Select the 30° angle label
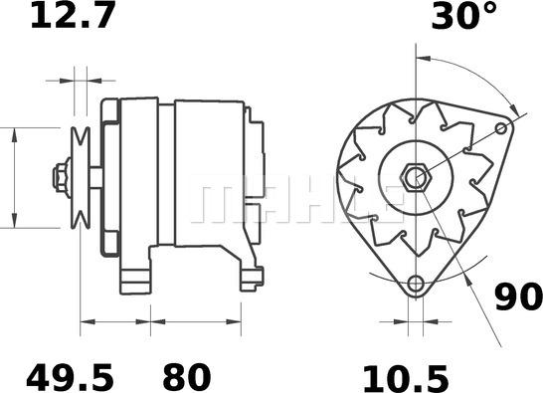coord(462,17)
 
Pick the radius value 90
coord(518,296)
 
